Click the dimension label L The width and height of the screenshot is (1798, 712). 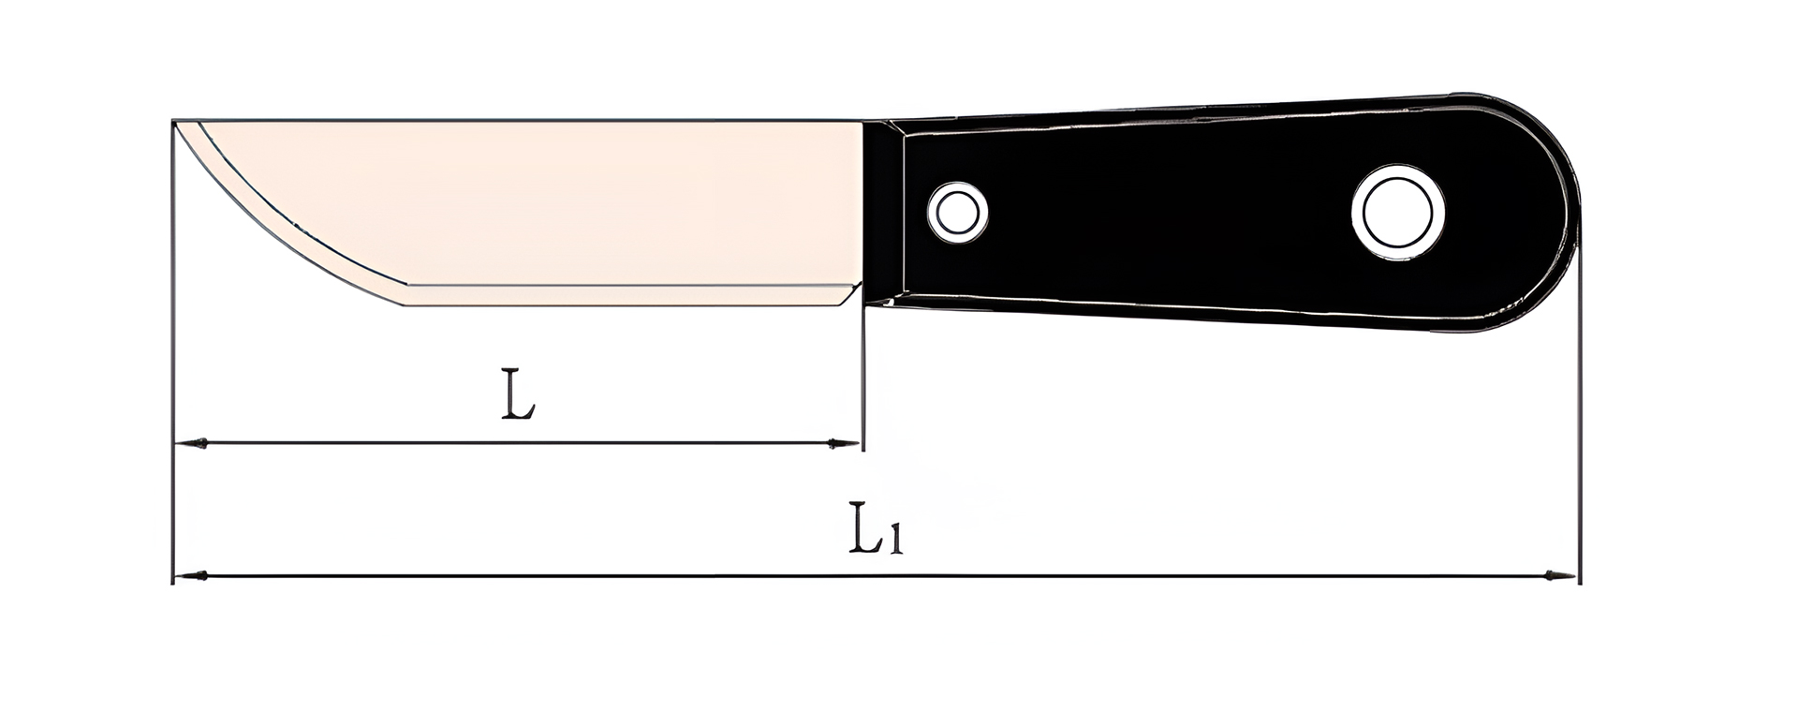[518, 394]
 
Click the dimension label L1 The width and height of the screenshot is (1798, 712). [875, 529]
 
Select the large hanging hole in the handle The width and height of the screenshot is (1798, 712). [1397, 212]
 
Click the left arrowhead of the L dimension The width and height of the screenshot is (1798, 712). [192, 443]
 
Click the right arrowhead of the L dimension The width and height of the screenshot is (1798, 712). [845, 443]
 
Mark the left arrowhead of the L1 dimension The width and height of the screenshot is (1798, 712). [192, 575]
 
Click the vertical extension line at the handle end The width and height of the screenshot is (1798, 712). [1579, 422]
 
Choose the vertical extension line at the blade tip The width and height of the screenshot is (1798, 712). [173, 375]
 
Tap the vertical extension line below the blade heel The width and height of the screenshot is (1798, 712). [863, 375]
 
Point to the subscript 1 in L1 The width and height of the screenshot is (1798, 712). [895, 541]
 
